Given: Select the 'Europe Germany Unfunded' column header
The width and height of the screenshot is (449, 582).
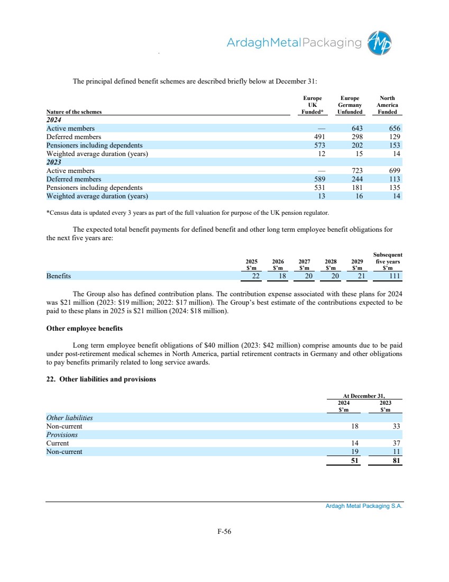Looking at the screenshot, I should click(350, 105).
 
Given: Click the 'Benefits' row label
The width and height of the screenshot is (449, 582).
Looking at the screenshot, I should click(59, 276).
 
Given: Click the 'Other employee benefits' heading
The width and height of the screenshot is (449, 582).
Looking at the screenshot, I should click(85, 329).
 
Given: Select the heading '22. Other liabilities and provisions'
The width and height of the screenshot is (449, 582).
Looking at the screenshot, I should click(101, 379).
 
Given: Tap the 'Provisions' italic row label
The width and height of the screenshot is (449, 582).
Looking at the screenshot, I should click(62, 434).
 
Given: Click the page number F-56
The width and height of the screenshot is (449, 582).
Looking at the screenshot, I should click(224, 532).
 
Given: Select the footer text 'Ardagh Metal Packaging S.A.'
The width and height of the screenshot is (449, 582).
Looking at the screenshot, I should click(364, 506).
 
